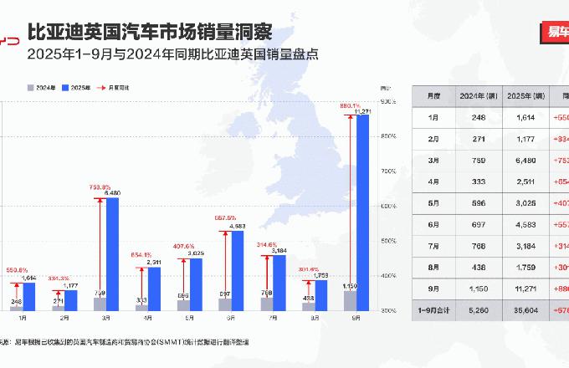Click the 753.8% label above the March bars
coord(100,187)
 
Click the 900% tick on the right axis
coord(388,101)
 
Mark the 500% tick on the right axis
coord(388,241)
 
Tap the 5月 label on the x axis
coord(189,319)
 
